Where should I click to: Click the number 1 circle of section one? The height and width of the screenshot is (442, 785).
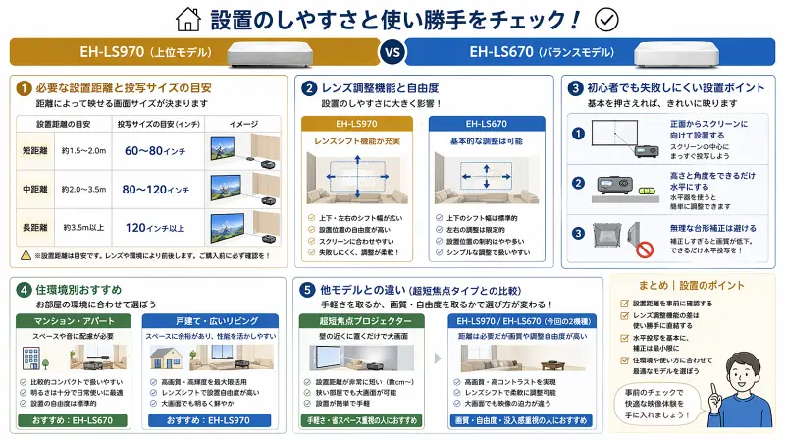point(23,87)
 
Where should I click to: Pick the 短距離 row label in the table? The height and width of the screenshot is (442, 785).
point(36,150)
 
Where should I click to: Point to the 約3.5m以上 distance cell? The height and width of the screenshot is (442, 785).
point(85,228)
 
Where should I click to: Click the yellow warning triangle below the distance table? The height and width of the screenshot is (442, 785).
point(25,255)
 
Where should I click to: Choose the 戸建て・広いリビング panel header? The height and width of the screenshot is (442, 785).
point(211,320)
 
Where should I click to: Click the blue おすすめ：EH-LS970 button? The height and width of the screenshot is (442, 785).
point(211,421)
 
